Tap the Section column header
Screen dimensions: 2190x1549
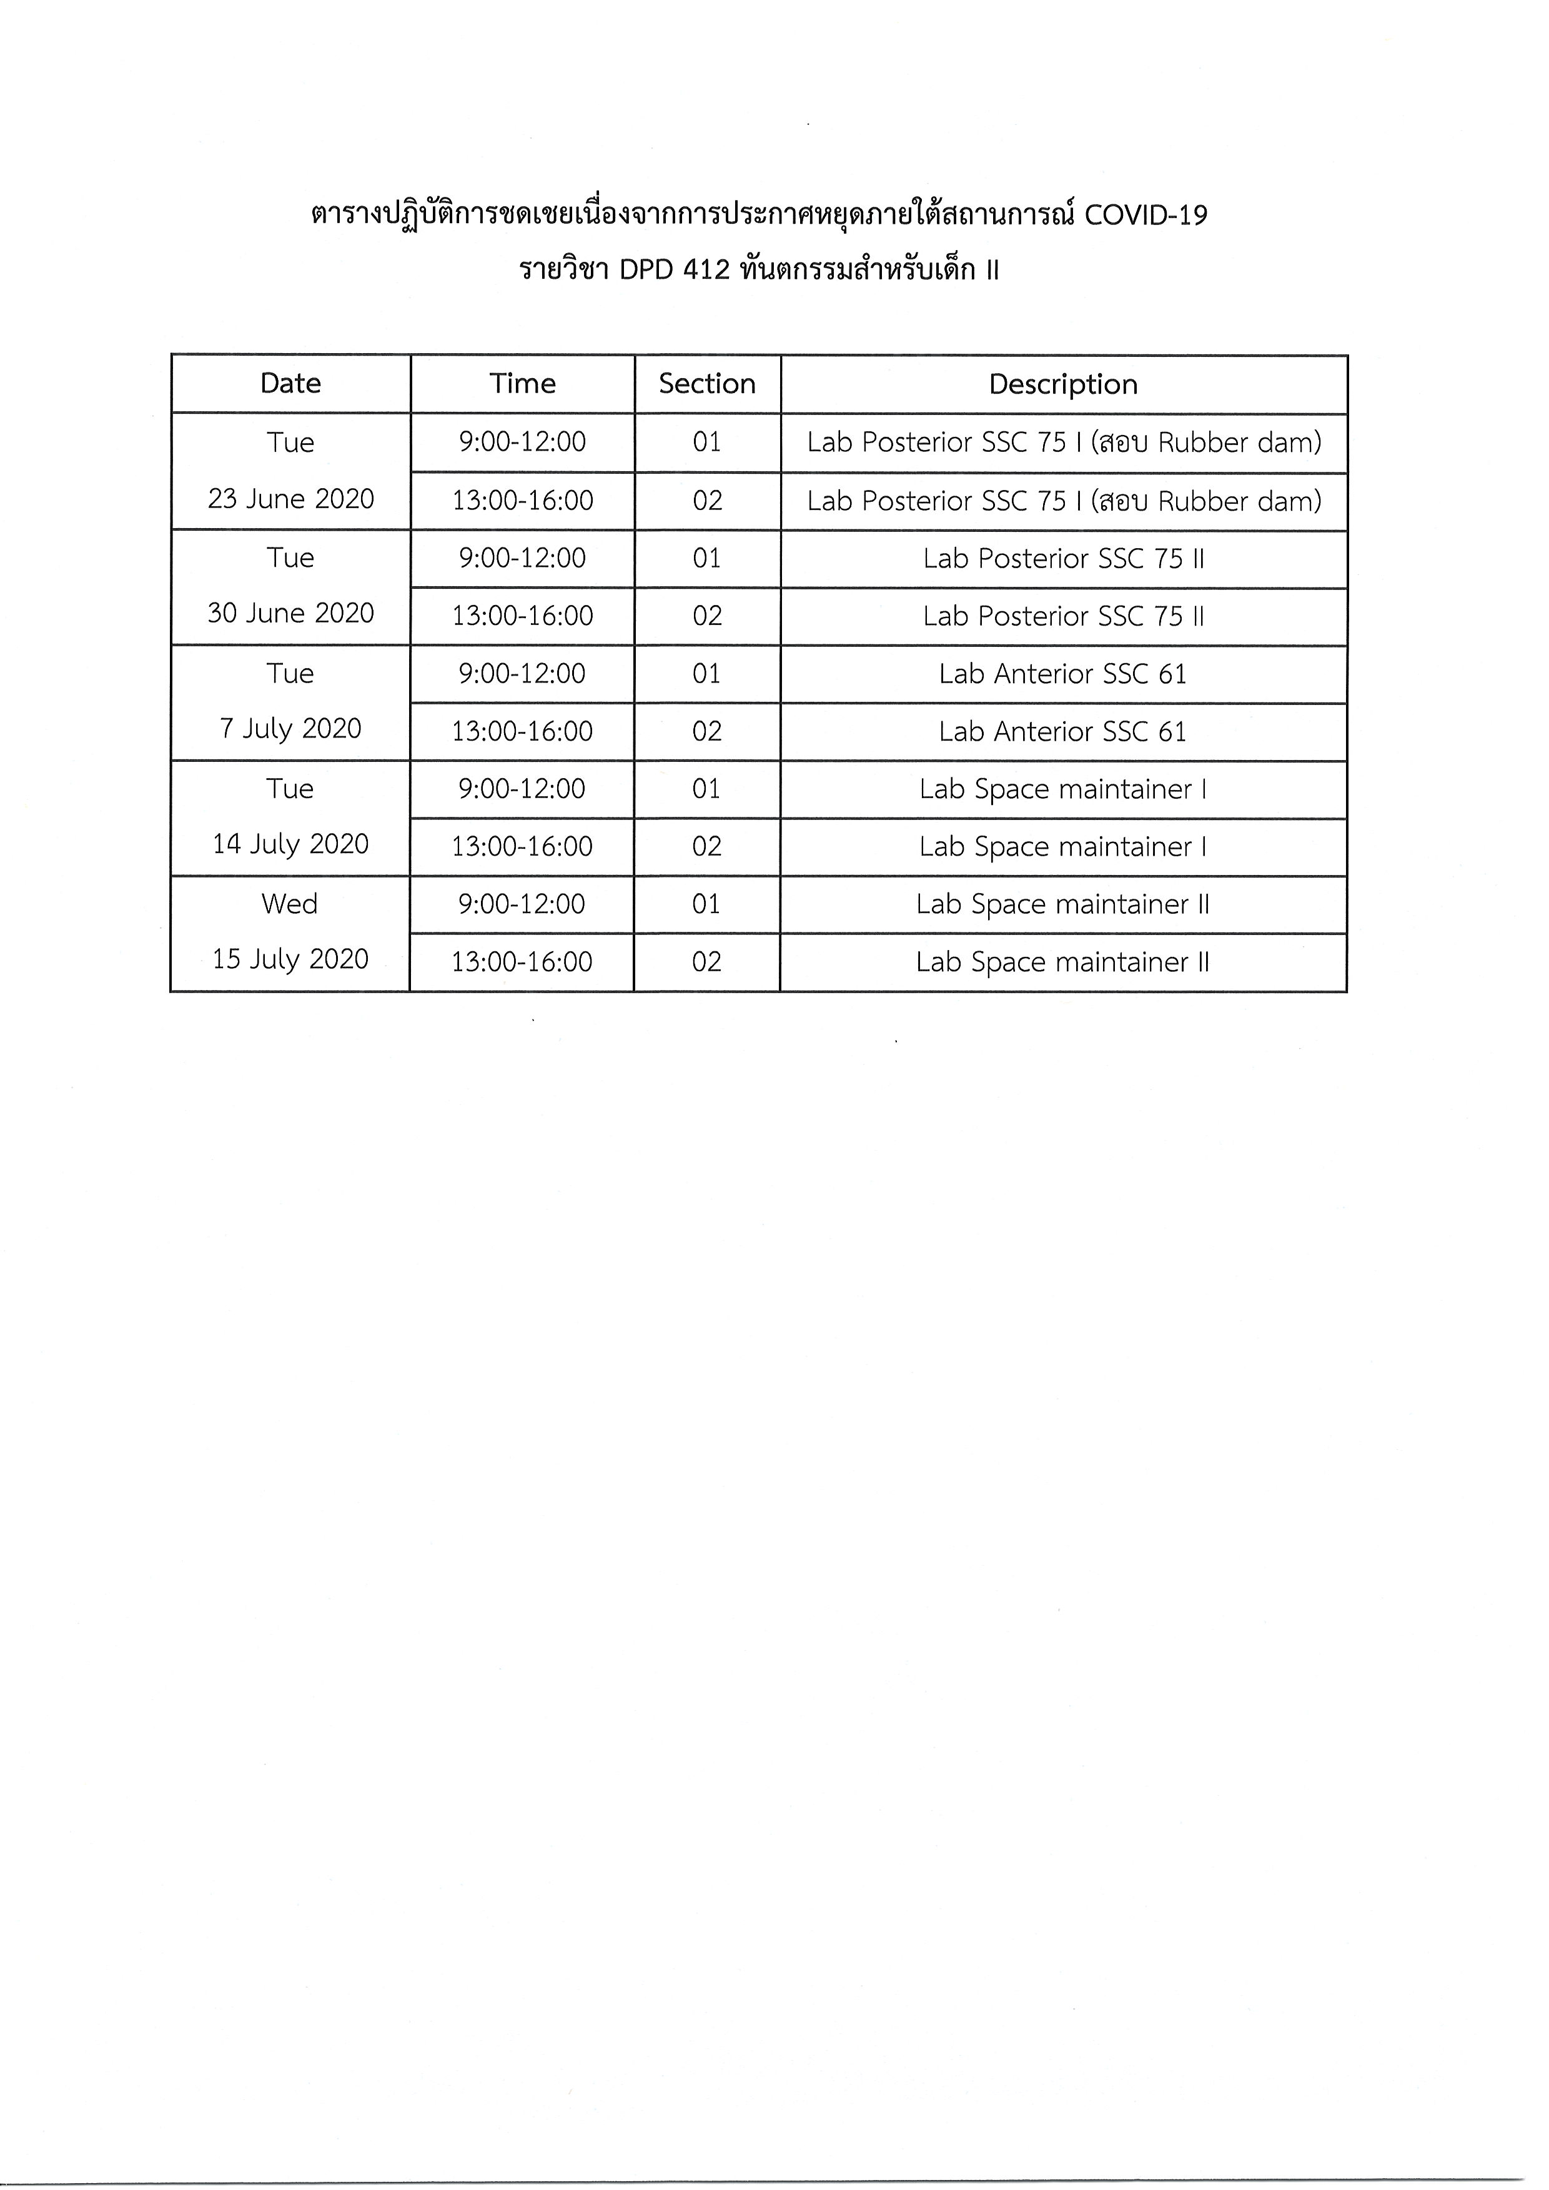707,384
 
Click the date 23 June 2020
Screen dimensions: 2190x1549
291,499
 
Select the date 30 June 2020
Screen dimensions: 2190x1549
291,614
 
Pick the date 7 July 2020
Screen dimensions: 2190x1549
291,729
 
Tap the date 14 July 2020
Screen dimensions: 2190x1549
291,844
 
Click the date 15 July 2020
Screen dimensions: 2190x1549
291,959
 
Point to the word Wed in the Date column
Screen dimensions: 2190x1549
290,904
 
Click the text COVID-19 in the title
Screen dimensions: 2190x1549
1146,216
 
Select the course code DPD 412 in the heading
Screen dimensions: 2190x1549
675,271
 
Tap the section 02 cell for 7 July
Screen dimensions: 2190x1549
707,732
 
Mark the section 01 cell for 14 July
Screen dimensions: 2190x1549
707,789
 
